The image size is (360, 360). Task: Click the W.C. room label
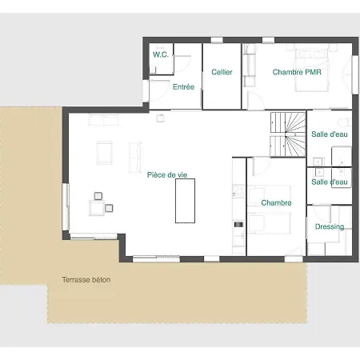click(x=161, y=54)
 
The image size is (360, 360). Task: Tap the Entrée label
click(x=183, y=86)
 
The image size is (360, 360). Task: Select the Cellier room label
click(x=222, y=72)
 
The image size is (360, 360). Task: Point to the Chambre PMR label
click(x=297, y=72)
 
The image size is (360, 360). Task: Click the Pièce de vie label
click(x=167, y=175)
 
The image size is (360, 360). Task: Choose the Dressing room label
click(x=330, y=226)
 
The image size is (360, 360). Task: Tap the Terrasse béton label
click(x=86, y=280)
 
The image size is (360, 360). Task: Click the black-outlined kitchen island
click(x=185, y=201)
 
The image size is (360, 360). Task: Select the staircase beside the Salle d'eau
click(x=288, y=134)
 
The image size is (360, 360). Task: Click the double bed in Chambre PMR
click(x=311, y=68)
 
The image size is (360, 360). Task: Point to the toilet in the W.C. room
click(x=153, y=70)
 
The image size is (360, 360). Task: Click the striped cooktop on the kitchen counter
click(x=239, y=225)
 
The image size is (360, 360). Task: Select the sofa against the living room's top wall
click(x=103, y=120)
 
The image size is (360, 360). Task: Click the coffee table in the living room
click(x=104, y=153)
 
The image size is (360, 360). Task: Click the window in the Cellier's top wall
click(x=217, y=40)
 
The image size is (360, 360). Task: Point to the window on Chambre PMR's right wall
click(x=355, y=74)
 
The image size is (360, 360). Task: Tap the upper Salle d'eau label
click(x=330, y=134)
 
